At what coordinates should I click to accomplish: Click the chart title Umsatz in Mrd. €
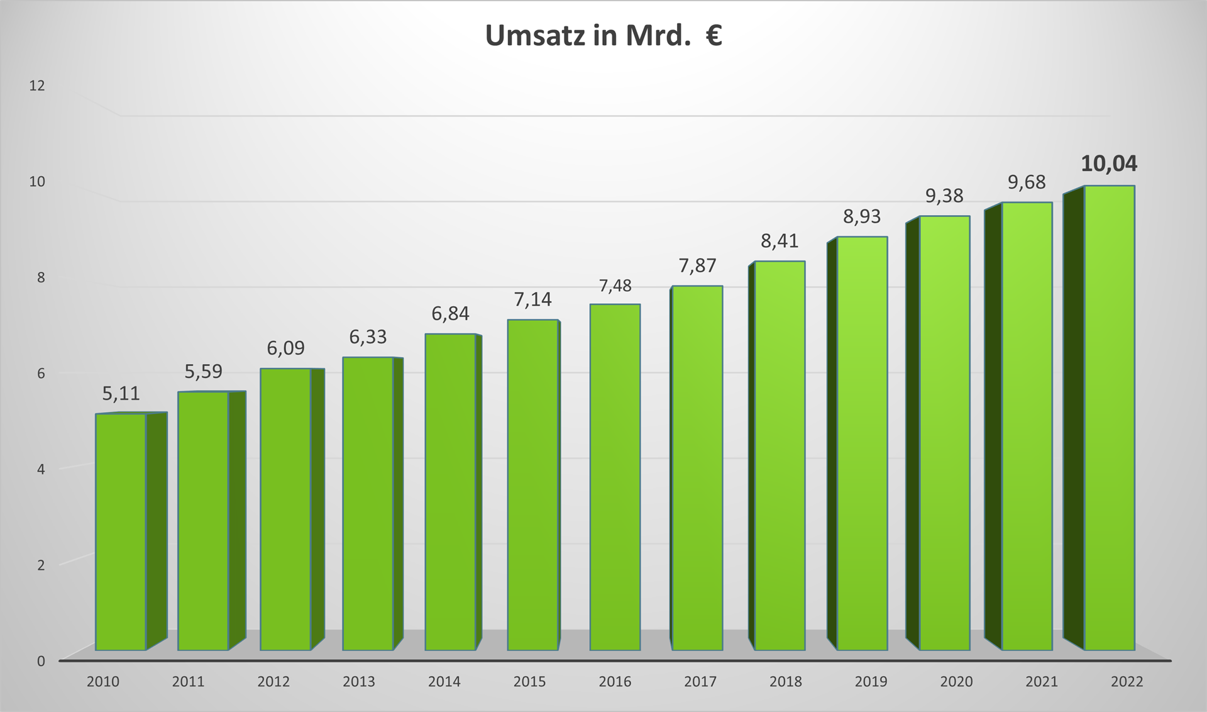603,36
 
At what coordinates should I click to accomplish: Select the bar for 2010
121,531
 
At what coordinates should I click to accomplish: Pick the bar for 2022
1109,418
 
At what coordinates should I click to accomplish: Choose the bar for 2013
368,503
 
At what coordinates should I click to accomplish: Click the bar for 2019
862,443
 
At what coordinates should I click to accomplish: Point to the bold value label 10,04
1109,164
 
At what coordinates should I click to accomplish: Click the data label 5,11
121,394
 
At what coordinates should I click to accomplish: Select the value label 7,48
615,286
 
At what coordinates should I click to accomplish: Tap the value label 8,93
862,217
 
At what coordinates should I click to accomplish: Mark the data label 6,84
450,313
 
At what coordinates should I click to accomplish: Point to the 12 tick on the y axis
37,86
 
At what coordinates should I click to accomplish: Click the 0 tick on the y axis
41,661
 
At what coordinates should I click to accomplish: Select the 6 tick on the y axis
41,374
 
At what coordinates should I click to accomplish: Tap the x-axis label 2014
444,682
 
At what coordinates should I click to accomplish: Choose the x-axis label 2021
1042,682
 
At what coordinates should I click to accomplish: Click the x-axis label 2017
700,682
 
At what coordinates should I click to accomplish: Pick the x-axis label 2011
188,682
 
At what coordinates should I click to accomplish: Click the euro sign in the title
714,36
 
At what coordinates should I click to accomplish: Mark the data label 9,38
944,196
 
